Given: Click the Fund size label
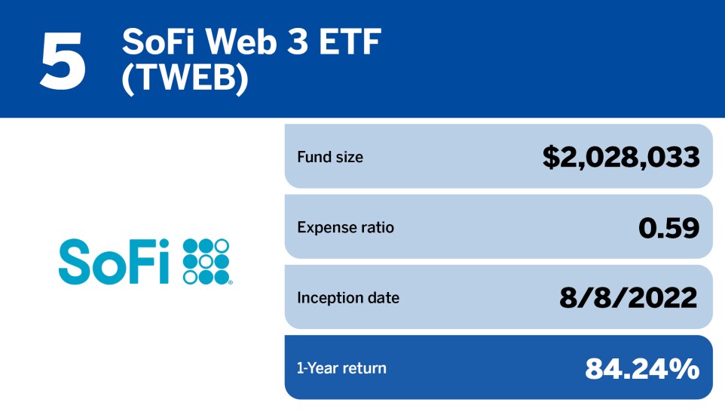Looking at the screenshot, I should pyautogui.click(x=330, y=158).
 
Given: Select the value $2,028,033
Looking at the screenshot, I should pyautogui.click(x=621, y=157).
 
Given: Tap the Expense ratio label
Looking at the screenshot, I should pyautogui.click(x=345, y=227).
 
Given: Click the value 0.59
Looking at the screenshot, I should pyautogui.click(x=668, y=227).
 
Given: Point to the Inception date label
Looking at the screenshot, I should pyautogui.click(x=348, y=297).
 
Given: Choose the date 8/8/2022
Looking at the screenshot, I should pyautogui.click(x=629, y=297).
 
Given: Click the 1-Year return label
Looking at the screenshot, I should pyautogui.click(x=341, y=368).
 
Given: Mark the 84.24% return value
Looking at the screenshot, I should pyautogui.click(x=642, y=368).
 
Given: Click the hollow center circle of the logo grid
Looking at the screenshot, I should pyautogui.click(x=206, y=262).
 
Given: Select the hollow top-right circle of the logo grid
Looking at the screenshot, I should pyautogui.click(x=222, y=246).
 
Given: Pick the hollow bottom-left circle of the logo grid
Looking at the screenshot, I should pyautogui.click(x=190, y=278).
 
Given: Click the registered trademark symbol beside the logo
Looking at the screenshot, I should pyautogui.click(x=231, y=283).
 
